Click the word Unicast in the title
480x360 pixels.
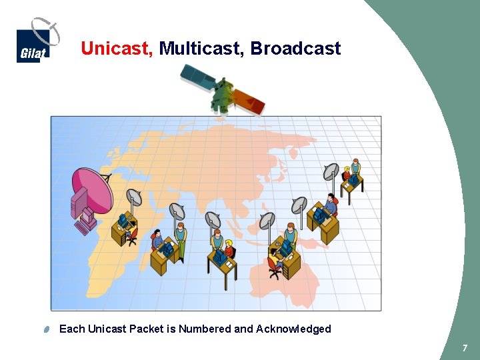pos(116,49)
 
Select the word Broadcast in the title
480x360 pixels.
pos(295,49)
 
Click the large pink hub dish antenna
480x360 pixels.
pos(93,189)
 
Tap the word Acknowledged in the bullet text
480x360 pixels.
pos(293,329)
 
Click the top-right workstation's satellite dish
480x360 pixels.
pos(331,173)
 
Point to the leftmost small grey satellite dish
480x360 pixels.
pos(134,197)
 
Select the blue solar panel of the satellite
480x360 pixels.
pos(198,75)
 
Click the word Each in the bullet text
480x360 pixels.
pos(72,329)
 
